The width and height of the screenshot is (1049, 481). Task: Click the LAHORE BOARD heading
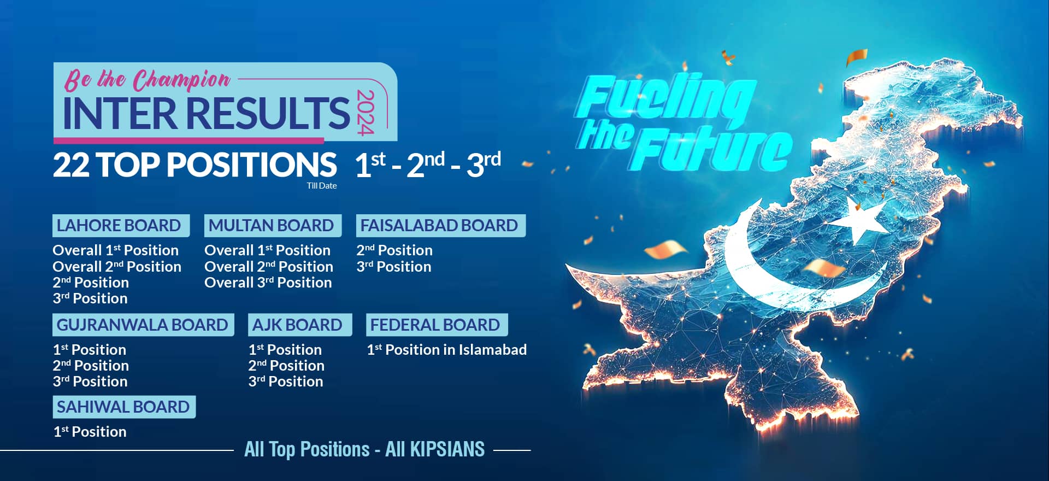[119, 225]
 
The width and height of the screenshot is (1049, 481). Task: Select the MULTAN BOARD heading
[271, 225]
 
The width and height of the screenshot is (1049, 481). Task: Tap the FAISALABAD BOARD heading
[439, 225]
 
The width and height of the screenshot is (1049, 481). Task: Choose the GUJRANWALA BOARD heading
[142, 325]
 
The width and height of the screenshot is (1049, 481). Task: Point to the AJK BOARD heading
[297, 325]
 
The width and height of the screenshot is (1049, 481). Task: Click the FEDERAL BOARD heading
[435, 325]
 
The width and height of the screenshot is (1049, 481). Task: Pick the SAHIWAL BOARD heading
[123, 407]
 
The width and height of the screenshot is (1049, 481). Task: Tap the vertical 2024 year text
[365, 112]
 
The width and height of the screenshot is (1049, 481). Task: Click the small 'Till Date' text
[322, 186]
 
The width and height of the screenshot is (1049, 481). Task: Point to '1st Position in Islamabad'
[447, 350]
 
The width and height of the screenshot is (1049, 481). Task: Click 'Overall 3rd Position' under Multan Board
[268, 283]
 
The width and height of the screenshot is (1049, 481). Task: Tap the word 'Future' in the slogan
[713, 149]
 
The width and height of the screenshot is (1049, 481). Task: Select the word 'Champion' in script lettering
[181, 80]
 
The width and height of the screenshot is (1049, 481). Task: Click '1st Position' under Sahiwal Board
[90, 432]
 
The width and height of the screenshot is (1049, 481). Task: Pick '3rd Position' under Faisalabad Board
[394, 267]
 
